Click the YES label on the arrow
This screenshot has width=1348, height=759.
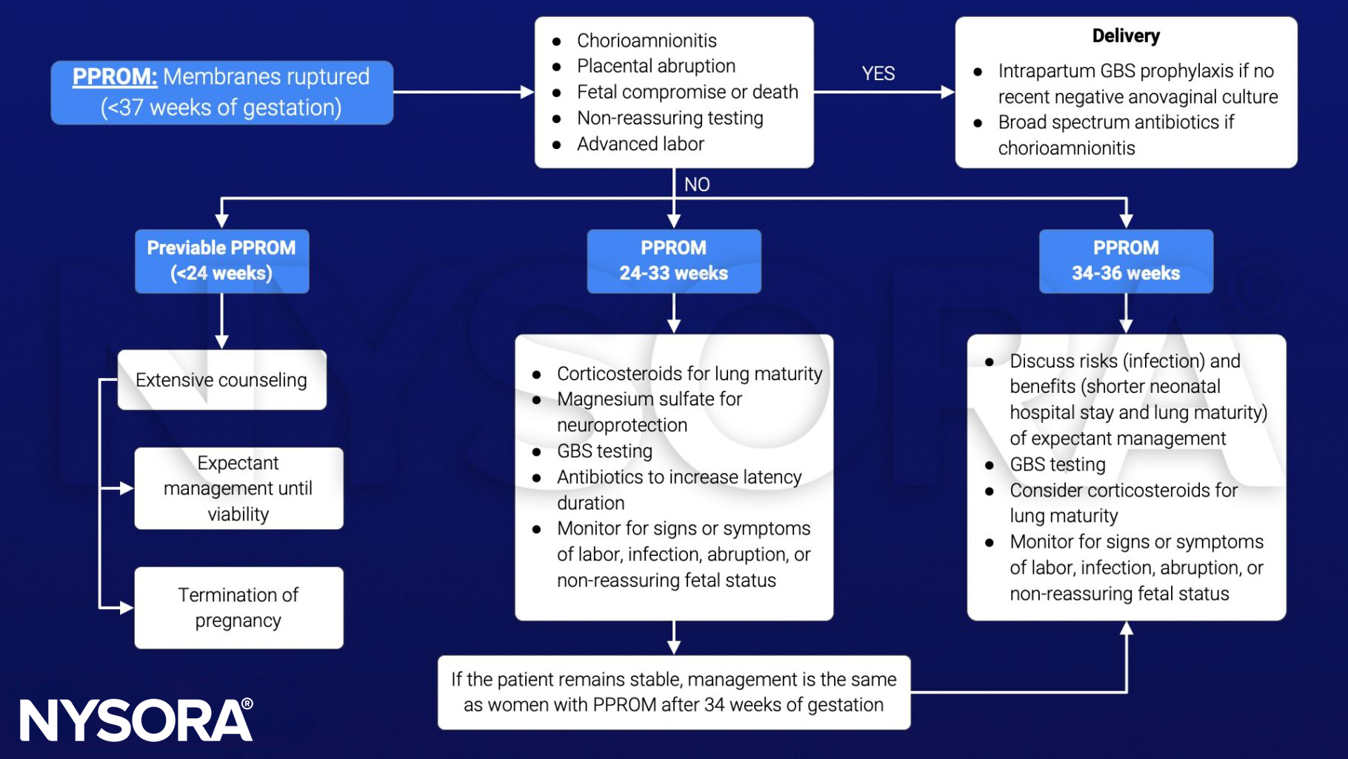(x=878, y=73)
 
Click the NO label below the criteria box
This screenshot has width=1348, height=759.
(x=696, y=184)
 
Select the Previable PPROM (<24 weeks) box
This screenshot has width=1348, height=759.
(x=221, y=261)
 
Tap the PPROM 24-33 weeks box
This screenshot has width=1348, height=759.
(x=673, y=261)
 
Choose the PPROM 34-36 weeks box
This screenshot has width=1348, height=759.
(x=1125, y=261)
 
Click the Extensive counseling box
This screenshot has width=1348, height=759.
(x=221, y=380)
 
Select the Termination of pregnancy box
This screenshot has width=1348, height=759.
(x=238, y=608)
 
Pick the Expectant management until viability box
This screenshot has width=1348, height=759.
(x=238, y=488)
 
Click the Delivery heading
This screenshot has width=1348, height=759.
(x=1125, y=36)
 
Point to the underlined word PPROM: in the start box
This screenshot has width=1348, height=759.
(x=115, y=76)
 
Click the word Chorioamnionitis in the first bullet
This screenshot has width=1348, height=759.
(x=647, y=40)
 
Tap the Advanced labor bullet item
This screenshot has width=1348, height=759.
(x=640, y=144)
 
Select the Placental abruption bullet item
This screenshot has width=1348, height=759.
(x=655, y=66)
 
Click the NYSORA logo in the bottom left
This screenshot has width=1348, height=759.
(x=136, y=720)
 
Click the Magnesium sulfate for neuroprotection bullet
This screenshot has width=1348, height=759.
(x=649, y=411)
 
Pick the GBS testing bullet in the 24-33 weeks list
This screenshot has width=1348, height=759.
(x=604, y=451)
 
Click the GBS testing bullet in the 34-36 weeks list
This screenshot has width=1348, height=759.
(x=1057, y=464)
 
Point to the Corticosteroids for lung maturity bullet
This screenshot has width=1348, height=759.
(x=689, y=374)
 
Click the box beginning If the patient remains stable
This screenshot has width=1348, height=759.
(x=673, y=692)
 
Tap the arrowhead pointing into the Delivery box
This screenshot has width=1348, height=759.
(x=947, y=92)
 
